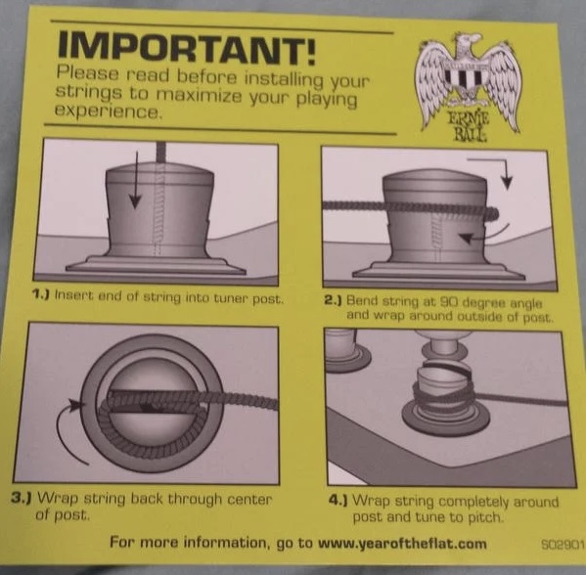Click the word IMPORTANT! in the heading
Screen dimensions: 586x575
[x=186, y=49]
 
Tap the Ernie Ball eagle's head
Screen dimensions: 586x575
[x=465, y=44]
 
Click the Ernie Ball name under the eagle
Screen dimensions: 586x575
[x=470, y=126]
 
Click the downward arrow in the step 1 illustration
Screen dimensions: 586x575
[x=136, y=180]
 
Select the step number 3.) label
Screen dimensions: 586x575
[x=21, y=498]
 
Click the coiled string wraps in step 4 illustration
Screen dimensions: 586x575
[x=443, y=396]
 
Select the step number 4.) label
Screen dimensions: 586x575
[x=338, y=500]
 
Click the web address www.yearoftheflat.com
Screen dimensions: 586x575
[x=402, y=544]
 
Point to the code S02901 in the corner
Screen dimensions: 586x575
[x=563, y=544]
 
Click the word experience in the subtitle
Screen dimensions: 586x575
[x=109, y=111]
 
